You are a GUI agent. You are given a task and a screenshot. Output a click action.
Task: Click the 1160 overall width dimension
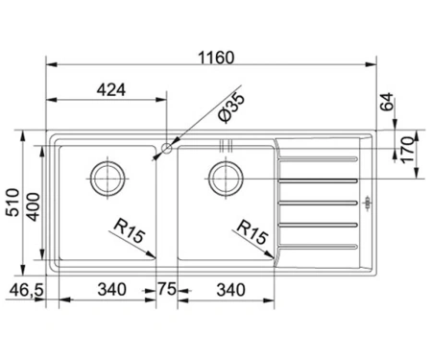[216, 58]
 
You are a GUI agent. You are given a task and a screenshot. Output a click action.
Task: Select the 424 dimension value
[111, 90]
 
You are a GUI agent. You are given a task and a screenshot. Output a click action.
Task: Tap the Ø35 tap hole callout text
[231, 108]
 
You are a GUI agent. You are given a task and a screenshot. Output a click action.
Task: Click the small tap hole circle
[166, 148]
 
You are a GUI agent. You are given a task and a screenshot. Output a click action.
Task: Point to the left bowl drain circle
[108, 179]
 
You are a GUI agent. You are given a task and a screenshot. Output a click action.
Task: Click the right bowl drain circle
[226, 179]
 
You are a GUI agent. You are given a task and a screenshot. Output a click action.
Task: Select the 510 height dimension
[13, 203]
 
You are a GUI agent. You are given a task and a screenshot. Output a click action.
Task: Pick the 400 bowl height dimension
[33, 207]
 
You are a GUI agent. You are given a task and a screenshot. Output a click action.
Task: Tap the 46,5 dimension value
[26, 290]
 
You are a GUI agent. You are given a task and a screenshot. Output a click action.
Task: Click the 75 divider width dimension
[167, 289]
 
